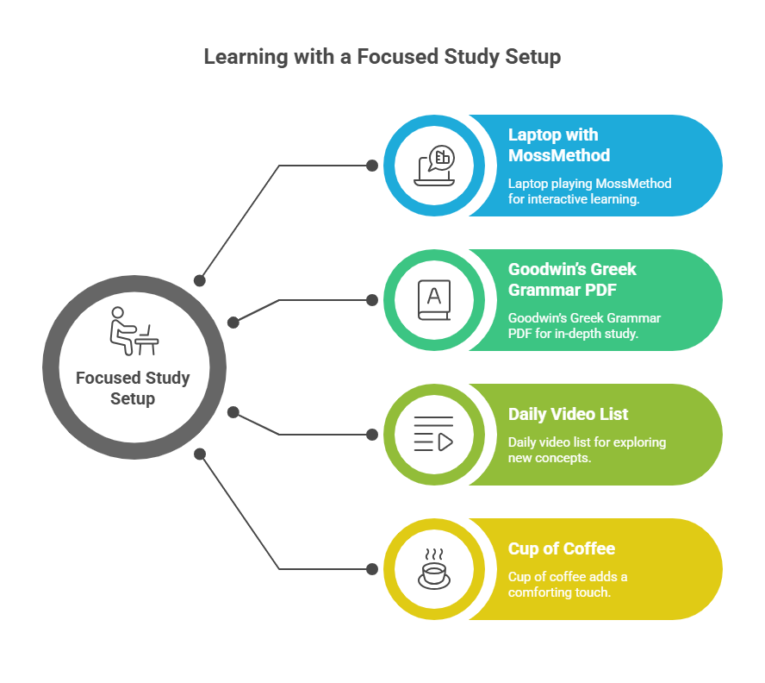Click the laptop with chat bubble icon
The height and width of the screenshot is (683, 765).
click(434, 165)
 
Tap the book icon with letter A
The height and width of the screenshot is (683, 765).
click(433, 300)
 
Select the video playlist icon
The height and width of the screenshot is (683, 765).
click(433, 434)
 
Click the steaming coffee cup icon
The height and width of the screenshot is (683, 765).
click(433, 568)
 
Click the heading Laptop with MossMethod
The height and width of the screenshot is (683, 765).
click(559, 145)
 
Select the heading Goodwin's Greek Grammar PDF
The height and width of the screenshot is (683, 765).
click(572, 279)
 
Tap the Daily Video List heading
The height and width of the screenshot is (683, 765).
click(568, 414)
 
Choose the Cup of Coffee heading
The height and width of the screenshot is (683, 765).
click(562, 548)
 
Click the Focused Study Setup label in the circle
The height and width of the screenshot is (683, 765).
click(133, 388)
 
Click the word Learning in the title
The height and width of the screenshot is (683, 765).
click(246, 57)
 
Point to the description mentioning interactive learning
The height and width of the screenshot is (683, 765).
click(589, 191)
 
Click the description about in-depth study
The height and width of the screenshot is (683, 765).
click(584, 325)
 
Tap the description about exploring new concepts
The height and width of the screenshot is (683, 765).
click(587, 450)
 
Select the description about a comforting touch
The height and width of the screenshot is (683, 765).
click(568, 585)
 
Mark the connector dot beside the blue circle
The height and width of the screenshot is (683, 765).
click(372, 166)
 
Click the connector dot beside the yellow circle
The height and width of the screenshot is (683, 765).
click(372, 568)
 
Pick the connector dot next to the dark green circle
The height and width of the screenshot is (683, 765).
click(372, 300)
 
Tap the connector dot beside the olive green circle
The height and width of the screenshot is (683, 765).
click(372, 435)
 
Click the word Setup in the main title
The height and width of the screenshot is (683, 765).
click(532, 57)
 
